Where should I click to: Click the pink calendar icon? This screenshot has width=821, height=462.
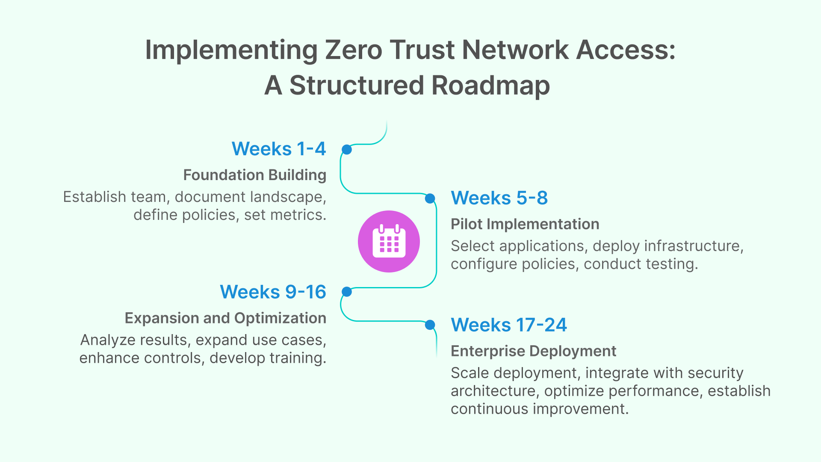point(389,241)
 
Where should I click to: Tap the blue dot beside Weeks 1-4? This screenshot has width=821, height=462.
point(347,149)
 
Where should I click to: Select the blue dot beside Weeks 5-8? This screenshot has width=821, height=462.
point(430,198)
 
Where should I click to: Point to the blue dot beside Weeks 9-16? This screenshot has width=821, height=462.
point(347,292)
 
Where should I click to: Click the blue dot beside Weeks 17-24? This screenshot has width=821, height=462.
point(430,325)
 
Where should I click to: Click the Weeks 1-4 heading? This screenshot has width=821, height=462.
point(279,149)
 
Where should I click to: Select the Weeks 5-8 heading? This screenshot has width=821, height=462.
point(499,198)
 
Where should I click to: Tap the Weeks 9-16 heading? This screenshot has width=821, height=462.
point(273,292)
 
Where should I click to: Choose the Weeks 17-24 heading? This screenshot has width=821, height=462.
point(509,325)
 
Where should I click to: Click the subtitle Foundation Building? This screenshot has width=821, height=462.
point(255,175)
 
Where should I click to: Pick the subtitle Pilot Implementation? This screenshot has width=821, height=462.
point(525,224)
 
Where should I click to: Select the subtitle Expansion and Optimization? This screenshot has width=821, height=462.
point(225,318)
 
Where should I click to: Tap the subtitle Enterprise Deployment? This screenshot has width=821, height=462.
point(534,351)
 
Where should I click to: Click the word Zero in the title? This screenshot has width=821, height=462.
point(354,50)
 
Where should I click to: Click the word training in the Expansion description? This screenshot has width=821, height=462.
point(298,358)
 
